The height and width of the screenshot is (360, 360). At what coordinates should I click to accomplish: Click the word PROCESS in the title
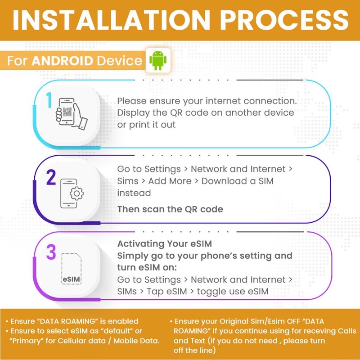(x=284, y=20)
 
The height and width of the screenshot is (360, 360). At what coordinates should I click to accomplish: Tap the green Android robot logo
(x=158, y=60)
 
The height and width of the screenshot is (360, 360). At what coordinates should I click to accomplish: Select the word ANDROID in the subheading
(x=62, y=61)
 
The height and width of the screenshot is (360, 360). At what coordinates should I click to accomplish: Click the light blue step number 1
(x=49, y=100)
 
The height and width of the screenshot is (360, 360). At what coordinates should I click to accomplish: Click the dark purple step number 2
(x=51, y=177)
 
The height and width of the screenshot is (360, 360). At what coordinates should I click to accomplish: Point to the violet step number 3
(x=51, y=252)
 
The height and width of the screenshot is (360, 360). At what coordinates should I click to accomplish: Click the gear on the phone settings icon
(x=76, y=193)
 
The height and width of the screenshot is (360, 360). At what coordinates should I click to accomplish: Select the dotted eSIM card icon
(x=72, y=269)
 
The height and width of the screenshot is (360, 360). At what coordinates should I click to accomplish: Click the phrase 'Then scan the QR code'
(x=170, y=209)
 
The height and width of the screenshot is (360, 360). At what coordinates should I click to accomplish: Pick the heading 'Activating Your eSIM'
(x=164, y=243)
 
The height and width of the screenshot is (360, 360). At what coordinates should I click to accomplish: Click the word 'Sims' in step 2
(x=128, y=181)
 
